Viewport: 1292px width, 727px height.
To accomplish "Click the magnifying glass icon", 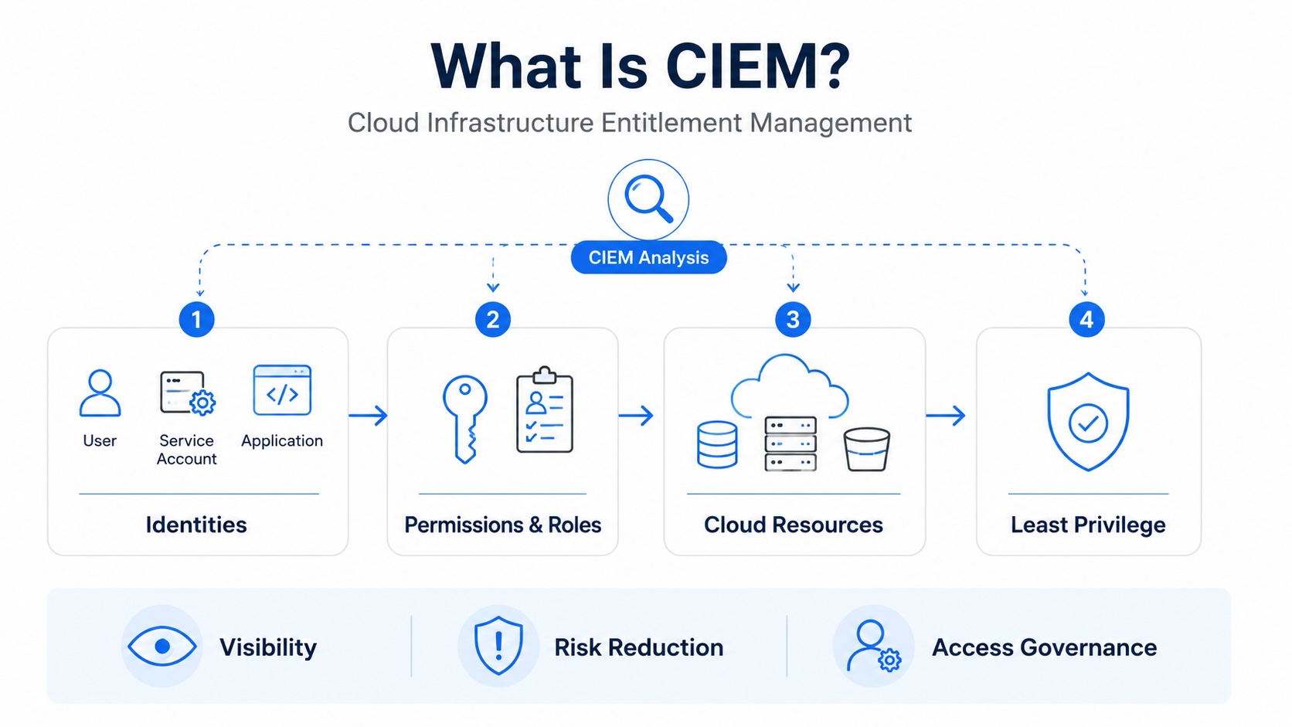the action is pyautogui.click(x=648, y=199).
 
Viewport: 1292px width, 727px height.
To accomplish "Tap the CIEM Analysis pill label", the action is pyautogui.click(x=648, y=257).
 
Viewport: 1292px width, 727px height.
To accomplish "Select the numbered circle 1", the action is pyautogui.click(x=197, y=319).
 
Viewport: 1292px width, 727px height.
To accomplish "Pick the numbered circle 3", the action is pyautogui.click(x=793, y=319).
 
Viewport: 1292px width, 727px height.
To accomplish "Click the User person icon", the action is pyautogui.click(x=100, y=393).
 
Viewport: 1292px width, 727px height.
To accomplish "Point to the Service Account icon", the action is pyautogui.click(x=188, y=393).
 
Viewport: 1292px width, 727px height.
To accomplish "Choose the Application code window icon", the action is pyautogui.click(x=282, y=390).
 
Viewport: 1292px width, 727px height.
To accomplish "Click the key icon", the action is pyautogui.click(x=465, y=420).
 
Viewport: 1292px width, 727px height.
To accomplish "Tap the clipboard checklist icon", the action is pyautogui.click(x=545, y=410).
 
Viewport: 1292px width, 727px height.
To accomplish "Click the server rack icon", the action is pyautogui.click(x=790, y=443).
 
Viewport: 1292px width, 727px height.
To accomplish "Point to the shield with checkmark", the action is pyautogui.click(x=1088, y=421).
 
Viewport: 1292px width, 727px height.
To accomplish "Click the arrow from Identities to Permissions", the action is pyautogui.click(x=368, y=415).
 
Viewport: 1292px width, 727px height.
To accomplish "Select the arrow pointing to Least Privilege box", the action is pyautogui.click(x=946, y=415).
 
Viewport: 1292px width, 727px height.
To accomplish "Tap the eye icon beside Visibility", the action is pyautogui.click(x=162, y=647).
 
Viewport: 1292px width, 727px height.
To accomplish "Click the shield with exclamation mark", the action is pyautogui.click(x=498, y=645).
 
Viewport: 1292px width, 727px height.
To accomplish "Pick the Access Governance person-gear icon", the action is pyautogui.click(x=873, y=646).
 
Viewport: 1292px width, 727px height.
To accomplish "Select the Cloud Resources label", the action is pyautogui.click(x=793, y=525).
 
